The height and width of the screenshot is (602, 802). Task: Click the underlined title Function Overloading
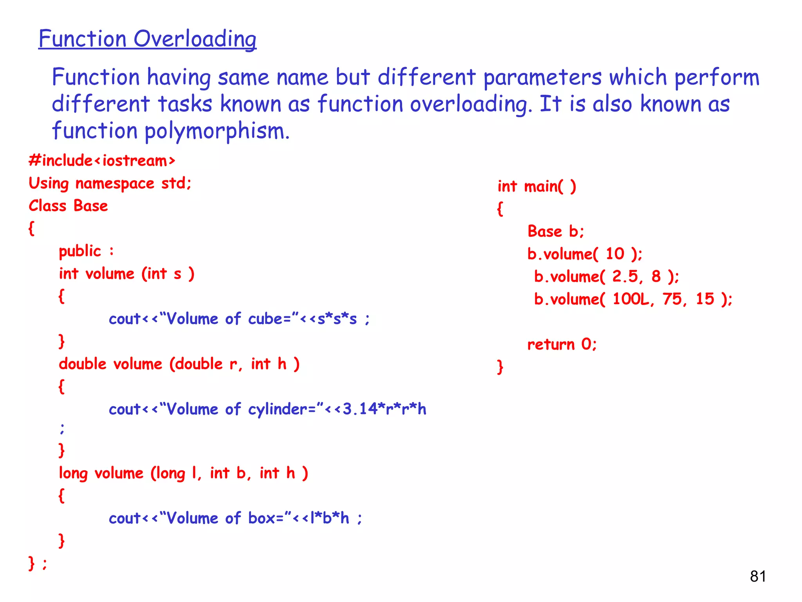point(147,39)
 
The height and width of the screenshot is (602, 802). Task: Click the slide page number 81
point(758,577)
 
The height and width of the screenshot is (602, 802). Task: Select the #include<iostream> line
point(102,161)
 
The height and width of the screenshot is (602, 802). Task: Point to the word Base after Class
point(90,206)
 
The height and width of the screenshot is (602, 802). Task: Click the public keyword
point(80,251)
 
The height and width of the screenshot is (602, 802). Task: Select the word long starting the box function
point(73,473)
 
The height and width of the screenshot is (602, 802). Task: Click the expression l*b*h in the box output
point(329,518)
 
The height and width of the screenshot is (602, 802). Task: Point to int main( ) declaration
point(536,187)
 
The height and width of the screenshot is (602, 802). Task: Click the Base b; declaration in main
point(556,232)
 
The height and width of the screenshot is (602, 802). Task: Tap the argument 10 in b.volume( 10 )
point(615,254)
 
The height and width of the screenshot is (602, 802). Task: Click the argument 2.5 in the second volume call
point(625,277)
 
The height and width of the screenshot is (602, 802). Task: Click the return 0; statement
point(562,345)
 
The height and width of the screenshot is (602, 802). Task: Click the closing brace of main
point(500,367)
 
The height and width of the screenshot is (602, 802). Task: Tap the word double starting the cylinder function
point(83,364)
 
